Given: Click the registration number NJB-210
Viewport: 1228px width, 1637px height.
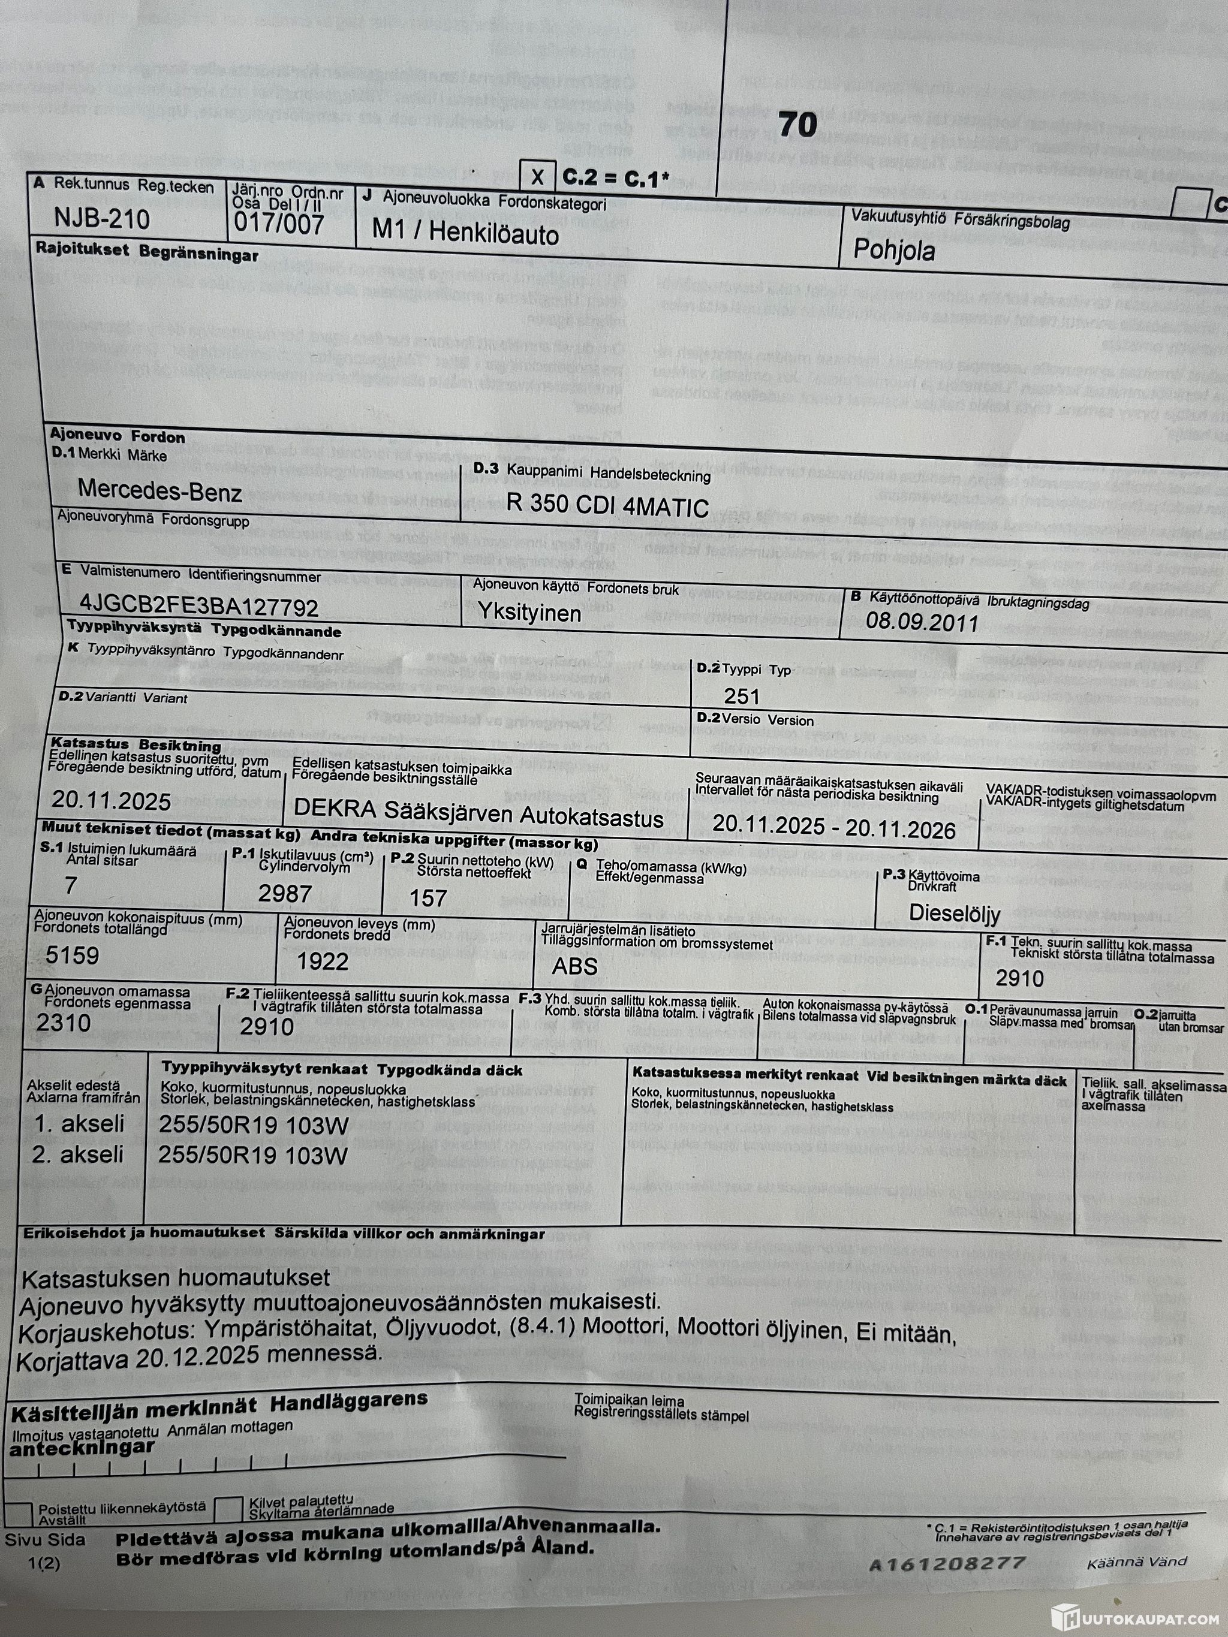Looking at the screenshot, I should coord(102,219).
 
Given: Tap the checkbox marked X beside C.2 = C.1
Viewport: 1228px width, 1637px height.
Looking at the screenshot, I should coord(537,177).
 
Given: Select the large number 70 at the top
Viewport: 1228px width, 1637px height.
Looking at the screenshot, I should coord(797,124).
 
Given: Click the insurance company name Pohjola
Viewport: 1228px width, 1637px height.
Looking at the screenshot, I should coord(893,250).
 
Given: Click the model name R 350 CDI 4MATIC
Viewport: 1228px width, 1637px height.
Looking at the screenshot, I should coord(607,506).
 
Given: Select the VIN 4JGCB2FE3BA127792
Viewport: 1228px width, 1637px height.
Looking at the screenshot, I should coord(199,607).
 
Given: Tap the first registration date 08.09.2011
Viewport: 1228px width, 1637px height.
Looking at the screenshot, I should coord(922,622).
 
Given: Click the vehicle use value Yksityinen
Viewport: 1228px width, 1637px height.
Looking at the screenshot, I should coord(528,613).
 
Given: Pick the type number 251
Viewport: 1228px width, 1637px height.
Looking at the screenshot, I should coord(742,697).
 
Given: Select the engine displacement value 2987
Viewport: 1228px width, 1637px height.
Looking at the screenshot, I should coord(285,894).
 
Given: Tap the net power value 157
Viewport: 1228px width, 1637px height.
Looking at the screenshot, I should coord(428,899).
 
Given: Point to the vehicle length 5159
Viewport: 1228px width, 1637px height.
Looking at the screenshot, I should coord(73,955).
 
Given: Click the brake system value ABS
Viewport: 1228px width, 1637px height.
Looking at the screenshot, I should coord(574,966).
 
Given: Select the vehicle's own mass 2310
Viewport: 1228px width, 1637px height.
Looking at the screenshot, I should coord(64,1023).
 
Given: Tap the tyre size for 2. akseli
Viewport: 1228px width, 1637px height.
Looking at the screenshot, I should coord(252,1156).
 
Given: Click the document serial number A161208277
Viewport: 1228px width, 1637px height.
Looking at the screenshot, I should coord(947,1564).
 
